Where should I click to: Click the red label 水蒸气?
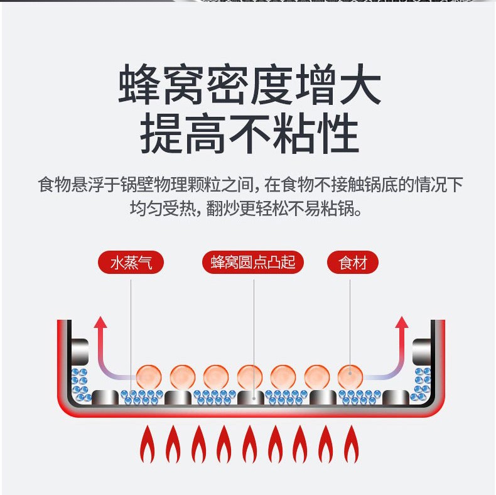pos(131,263)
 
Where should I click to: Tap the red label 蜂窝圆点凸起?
pos(253,263)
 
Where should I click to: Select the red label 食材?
pos(352,263)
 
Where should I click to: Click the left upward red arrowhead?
pos(100,323)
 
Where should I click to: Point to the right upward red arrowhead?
pos(402,323)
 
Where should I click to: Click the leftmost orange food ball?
pos(149,376)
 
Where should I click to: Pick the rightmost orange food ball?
pos(350,376)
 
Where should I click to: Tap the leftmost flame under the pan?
pos(148,445)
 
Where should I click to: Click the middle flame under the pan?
pos(249,445)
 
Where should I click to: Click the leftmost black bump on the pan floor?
pos(105,397)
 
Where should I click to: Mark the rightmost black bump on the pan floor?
pos(395,397)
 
